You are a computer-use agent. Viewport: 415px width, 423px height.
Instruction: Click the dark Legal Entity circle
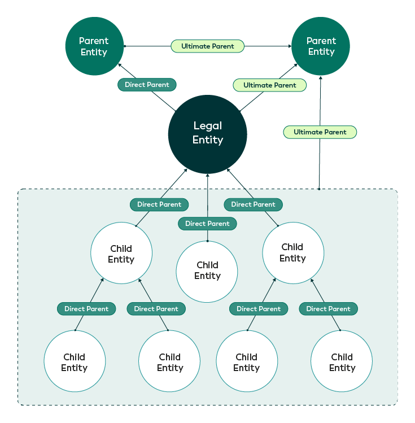tap(207, 134)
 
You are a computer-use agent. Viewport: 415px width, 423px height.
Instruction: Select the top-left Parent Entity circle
tap(94, 46)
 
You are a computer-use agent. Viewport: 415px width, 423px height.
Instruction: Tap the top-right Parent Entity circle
tap(321, 46)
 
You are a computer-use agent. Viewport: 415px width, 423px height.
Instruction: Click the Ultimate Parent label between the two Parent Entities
tap(207, 46)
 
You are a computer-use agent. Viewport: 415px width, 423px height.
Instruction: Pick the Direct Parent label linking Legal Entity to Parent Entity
tap(147, 85)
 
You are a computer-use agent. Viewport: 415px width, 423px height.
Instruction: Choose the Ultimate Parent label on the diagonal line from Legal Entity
tap(270, 85)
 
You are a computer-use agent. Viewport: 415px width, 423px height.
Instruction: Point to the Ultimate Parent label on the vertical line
tap(320, 132)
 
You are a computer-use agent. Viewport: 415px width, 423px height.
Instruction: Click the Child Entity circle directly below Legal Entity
tap(207, 271)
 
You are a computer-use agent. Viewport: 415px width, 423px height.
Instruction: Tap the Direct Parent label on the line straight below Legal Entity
tap(207, 224)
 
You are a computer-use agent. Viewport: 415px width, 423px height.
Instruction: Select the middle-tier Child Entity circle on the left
tap(121, 254)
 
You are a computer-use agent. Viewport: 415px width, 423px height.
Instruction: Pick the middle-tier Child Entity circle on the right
tap(293, 252)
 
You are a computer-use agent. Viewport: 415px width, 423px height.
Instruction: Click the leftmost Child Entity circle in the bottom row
tap(75, 362)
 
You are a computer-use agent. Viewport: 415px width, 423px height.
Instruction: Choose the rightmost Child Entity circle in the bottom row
tap(342, 362)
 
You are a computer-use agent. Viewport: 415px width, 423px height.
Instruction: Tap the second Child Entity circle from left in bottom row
tap(169, 362)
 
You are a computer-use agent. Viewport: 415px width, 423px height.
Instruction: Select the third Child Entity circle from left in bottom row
tap(247, 362)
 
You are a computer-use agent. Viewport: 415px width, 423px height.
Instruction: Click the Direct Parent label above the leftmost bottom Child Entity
tap(86, 309)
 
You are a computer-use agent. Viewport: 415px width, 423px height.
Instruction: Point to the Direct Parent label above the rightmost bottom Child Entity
tap(328, 309)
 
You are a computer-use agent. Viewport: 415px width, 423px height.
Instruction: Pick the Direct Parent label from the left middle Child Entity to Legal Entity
tap(159, 204)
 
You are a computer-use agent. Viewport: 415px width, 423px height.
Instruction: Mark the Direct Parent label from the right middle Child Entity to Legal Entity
tap(254, 204)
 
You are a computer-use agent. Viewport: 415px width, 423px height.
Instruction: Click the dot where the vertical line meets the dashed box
tap(320, 189)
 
